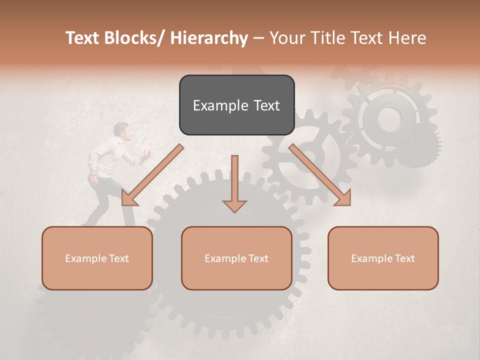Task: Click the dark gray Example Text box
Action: click(x=236, y=105)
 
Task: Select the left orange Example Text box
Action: click(x=97, y=258)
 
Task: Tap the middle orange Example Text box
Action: click(x=236, y=258)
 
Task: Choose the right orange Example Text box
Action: click(x=383, y=258)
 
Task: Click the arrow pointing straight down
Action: click(x=234, y=185)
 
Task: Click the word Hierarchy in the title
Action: click(x=208, y=38)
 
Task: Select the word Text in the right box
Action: click(x=404, y=258)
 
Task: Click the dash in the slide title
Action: click(x=258, y=38)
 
